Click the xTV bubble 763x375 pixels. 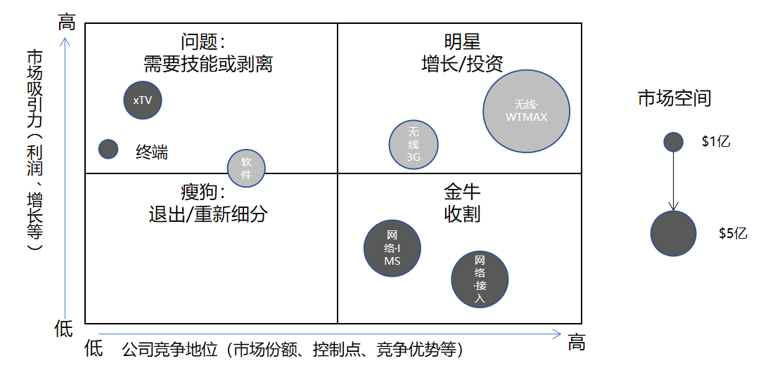pos(143,100)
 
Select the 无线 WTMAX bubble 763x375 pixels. pos(526,110)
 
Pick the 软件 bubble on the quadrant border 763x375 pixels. pos(246,168)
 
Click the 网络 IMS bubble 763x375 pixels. pos(392,248)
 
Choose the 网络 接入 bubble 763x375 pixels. pos(480,279)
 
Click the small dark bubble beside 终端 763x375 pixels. pos(108,149)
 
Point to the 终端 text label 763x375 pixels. pos(152,151)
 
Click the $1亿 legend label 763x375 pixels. pos(716,141)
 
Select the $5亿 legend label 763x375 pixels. pos(733,233)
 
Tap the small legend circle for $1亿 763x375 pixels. pos(674,142)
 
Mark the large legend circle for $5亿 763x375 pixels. pos(673,233)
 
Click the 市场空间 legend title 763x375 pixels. pos(674,98)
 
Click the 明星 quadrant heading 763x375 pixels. pos(462,41)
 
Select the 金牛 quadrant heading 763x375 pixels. pos(462,191)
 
